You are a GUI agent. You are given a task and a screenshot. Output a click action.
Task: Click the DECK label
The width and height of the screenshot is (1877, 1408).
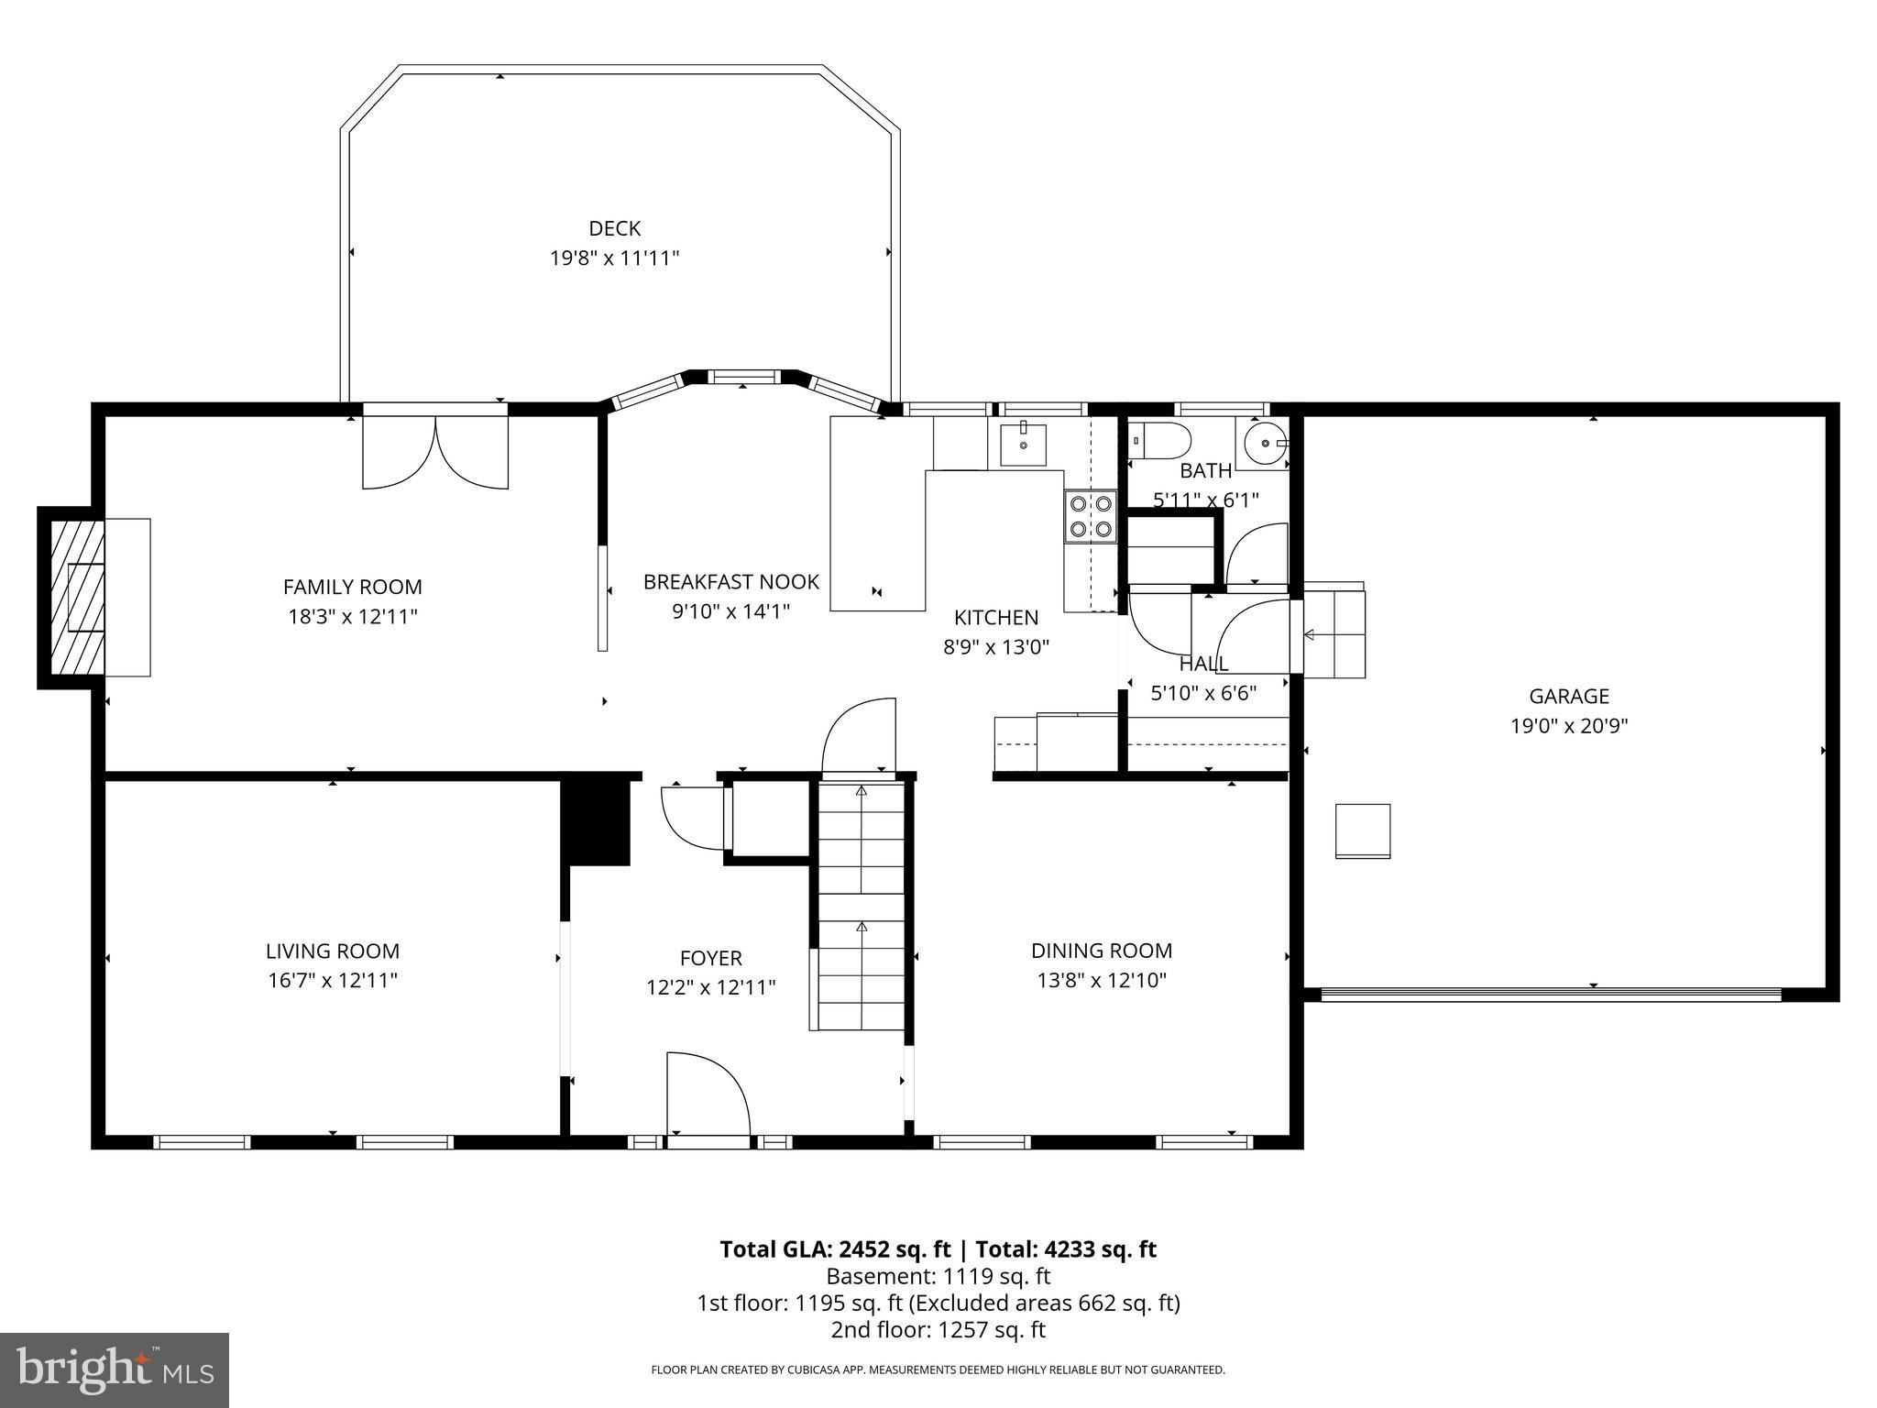click(x=614, y=228)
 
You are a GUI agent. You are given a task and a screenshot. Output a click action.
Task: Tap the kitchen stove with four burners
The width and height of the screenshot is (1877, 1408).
click(x=1090, y=516)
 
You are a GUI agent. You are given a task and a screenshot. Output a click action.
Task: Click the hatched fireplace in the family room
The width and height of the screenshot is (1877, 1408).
click(x=77, y=598)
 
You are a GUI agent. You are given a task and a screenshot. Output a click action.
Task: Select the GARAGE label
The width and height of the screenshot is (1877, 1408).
click(x=1568, y=696)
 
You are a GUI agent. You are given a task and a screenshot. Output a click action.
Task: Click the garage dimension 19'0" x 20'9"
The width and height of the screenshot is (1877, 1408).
click(x=1568, y=726)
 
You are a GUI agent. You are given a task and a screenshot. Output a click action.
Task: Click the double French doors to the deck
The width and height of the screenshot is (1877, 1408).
click(x=435, y=451)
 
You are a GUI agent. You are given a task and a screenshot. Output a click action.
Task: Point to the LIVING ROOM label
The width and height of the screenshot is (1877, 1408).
click(x=333, y=951)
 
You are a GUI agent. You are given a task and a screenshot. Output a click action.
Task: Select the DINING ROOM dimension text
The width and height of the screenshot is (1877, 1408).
click(x=1101, y=980)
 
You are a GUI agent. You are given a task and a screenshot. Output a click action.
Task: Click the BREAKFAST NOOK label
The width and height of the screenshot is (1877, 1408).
click(x=730, y=581)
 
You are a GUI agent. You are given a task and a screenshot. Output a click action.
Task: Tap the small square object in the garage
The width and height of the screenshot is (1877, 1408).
click(x=1362, y=830)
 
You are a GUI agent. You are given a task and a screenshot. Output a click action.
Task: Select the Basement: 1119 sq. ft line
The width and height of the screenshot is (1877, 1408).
click(x=938, y=1276)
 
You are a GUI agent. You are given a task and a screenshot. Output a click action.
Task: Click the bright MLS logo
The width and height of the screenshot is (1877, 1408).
click(x=115, y=1369)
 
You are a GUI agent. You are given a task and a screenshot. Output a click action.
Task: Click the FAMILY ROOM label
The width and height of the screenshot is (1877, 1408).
click(x=352, y=587)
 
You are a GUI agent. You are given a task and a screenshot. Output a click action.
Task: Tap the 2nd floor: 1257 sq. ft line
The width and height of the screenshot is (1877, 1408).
click(x=938, y=1329)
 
